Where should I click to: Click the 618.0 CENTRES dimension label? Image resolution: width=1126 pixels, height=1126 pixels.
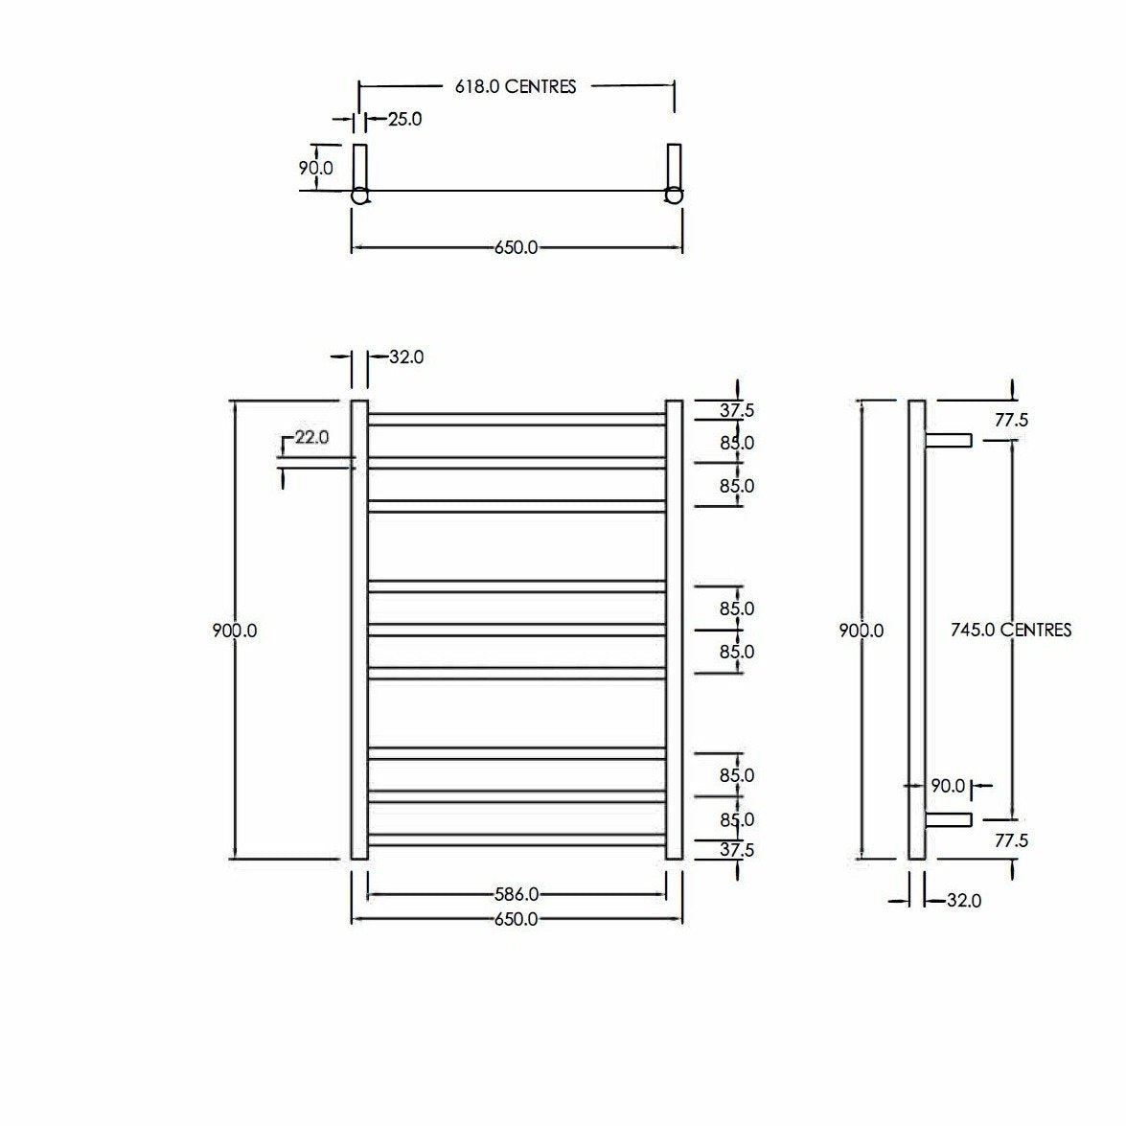tap(516, 86)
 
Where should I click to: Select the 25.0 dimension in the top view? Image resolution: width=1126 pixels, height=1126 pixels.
tap(404, 120)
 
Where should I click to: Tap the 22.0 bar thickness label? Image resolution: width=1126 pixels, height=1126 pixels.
tap(311, 437)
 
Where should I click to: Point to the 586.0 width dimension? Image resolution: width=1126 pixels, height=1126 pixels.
tap(516, 894)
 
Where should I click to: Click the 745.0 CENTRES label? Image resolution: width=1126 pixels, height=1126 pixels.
tap(1011, 630)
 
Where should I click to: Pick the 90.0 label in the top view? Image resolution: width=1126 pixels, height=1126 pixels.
tap(316, 168)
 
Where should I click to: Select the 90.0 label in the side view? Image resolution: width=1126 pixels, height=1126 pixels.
tap(947, 786)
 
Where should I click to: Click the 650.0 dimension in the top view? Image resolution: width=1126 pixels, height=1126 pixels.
tap(516, 247)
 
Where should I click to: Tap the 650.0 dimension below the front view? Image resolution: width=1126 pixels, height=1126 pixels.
tap(516, 919)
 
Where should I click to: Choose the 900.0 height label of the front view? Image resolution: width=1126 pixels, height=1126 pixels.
tap(235, 631)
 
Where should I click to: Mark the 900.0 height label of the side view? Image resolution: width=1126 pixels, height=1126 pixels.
tap(862, 631)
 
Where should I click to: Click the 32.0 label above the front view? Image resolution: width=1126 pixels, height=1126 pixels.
tap(406, 356)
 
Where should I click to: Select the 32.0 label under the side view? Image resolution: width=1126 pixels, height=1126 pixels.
tap(963, 901)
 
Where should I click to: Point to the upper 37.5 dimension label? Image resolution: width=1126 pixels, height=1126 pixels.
tap(737, 411)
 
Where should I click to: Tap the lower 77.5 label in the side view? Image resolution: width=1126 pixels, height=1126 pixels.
tap(1011, 840)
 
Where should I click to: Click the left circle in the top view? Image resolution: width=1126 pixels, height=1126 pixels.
tap(359, 195)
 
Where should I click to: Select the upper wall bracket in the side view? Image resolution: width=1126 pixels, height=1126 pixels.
tap(949, 440)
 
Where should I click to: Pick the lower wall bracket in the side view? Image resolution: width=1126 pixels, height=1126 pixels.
tap(949, 819)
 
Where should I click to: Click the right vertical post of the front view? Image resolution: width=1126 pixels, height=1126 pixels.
tap(674, 630)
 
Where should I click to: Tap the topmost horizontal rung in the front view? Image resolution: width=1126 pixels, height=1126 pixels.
tap(517, 419)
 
